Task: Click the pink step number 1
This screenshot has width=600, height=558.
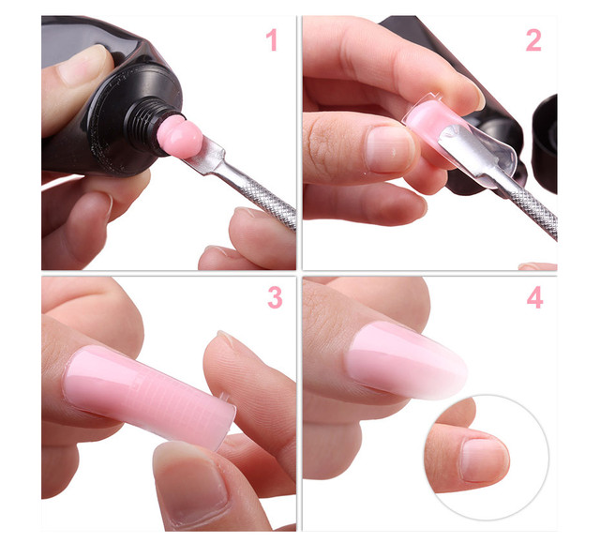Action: [x=272, y=40]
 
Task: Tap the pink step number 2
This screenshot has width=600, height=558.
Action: [x=533, y=40]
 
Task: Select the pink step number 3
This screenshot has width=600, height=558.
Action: [x=275, y=297]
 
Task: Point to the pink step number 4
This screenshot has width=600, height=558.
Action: [x=535, y=297]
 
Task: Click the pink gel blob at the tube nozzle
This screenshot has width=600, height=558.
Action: [x=179, y=136]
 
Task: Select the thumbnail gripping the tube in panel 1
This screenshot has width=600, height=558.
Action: [x=82, y=65]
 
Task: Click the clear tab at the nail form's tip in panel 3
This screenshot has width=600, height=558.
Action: [x=225, y=398]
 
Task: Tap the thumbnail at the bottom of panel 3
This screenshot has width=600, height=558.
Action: [x=191, y=486]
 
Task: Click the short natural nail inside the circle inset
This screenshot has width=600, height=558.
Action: [x=484, y=460]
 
